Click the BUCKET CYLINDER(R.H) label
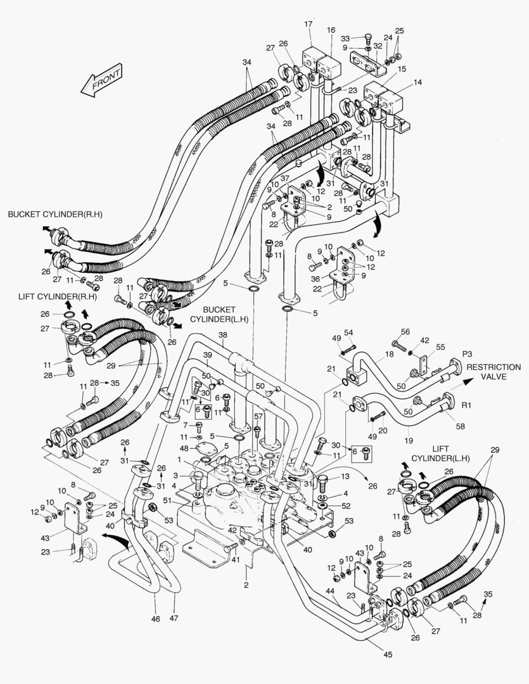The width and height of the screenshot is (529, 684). pos(55,215)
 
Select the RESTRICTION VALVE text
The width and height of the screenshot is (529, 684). pos(494,372)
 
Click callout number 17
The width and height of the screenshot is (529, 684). pos(309,24)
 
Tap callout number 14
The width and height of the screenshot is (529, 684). pos(417,82)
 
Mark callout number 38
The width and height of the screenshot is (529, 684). pos(222,334)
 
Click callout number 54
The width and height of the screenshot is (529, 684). pos(348,332)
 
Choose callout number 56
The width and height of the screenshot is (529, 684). pos(405,331)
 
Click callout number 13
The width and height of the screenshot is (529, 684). pos(345,477)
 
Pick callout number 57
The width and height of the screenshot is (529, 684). pos(258,416)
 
